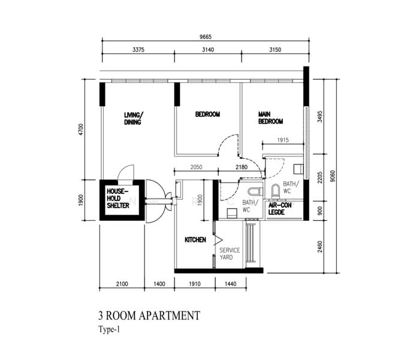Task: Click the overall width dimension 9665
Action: click(206, 37)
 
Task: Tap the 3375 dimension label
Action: click(138, 50)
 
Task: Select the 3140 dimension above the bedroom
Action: click(208, 50)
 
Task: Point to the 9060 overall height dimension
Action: click(333, 176)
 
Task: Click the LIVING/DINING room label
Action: click(134, 118)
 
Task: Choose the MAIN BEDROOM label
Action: click(270, 118)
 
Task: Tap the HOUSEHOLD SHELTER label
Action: click(118, 199)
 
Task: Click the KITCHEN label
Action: click(195, 240)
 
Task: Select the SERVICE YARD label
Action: click(230, 254)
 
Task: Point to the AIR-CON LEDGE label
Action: click(280, 209)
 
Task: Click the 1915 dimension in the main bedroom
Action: click(283, 140)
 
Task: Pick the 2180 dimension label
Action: click(242, 167)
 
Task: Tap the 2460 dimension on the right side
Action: click(319, 247)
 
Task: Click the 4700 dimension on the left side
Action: click(81, 129)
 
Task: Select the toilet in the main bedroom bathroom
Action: click(275, 191)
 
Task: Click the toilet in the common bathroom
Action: click(255, 191)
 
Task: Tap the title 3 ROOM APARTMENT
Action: click(149, 316)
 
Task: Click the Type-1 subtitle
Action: click(109, 329)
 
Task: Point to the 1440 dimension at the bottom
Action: click(230, 284)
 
